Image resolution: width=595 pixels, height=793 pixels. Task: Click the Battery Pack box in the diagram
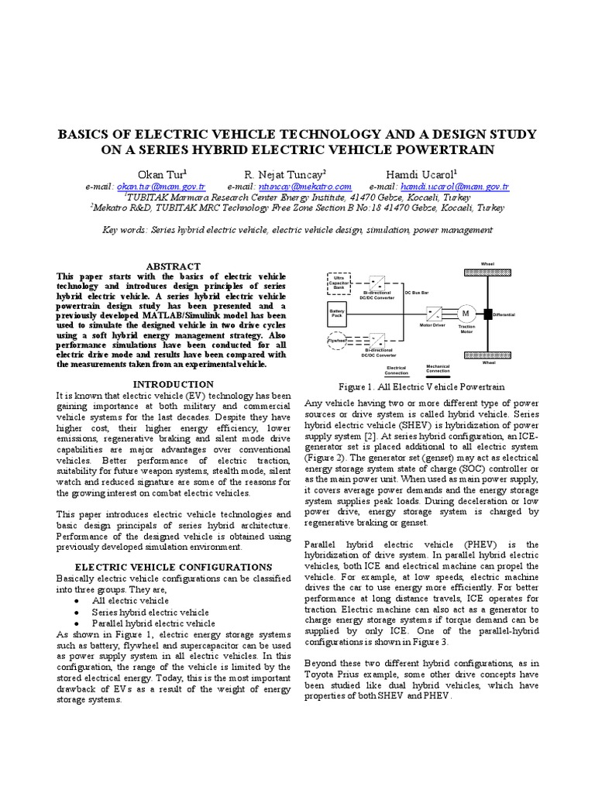click(x=339, y=314)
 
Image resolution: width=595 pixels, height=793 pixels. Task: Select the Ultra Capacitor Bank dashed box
click(x=339, y=283)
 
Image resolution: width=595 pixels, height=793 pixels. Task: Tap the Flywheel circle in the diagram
click(x=338, y=340)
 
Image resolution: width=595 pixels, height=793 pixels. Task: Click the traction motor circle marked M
click(x=466, y=313)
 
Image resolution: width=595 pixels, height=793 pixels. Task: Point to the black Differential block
click(x=488, y=314)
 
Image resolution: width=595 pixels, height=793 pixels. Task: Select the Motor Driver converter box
click(x=432, y=313)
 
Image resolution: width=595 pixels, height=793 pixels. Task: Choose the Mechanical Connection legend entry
click(x=439, y=369)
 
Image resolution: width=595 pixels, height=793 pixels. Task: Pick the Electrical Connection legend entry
click(x=396, y=370)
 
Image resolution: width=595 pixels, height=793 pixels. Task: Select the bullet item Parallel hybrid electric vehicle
click(x=153, y=623)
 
